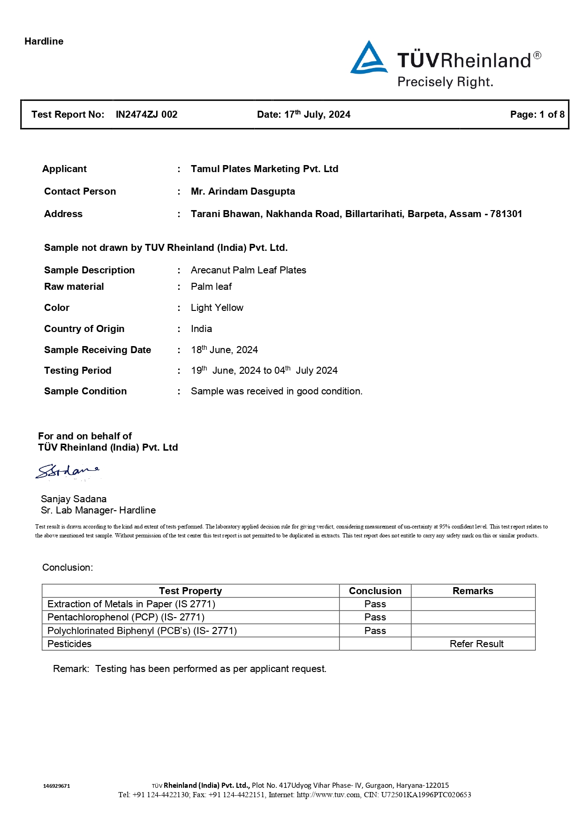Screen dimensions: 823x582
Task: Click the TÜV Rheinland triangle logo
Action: pyautogui.click(x=369, y=58)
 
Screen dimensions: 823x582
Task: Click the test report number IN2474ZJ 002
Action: pyautogui.click(x=146, y=114)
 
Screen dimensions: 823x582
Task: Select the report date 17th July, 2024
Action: pyautogui.click(x=317, y=114)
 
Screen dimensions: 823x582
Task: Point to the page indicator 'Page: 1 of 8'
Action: pyautogui.click(x=537, y=114)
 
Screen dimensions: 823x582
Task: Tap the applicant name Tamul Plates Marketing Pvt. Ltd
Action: pyautogui.click(x=264, y=169)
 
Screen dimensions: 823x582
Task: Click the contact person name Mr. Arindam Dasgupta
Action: pyautogui.click(x=242, y=191)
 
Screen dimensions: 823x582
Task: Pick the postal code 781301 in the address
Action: pyautogui.click(x=506, y=214)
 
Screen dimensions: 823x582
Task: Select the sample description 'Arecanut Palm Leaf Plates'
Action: pyautogui.click(x=248, y=270)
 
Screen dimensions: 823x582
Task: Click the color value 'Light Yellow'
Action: pyautogui.click(x=217, y=308)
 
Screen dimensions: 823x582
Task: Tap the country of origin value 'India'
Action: pyautogui.click(x=201, y=329)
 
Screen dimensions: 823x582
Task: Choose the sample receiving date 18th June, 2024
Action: pyautogui.click(x=224, y=350)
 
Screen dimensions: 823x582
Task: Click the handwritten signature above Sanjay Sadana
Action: pyautogui.click(x=68, y=471)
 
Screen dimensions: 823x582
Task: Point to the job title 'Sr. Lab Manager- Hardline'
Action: pyautogui.click(x=98, y=510)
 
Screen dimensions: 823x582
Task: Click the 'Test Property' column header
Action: pyautogui.click(x=190, y=591)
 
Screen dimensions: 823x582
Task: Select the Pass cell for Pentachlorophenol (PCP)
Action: pyautogui.click(x=375, y=617)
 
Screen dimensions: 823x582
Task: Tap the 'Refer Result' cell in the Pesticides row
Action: pyautogui.click(x=476, y=644)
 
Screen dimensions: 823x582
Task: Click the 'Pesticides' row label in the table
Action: pyautogui.click(x=69, y=644)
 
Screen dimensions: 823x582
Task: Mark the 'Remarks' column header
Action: pyautogui.click(x=472, y=591)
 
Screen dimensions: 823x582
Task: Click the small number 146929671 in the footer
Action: pyautogui.click(x=56, y=786)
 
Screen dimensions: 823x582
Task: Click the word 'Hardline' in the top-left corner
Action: pyautogui.click(x=44, y=41)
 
